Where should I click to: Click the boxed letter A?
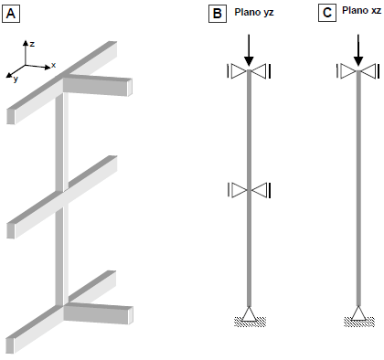tap(11, 14)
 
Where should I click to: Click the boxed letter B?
tap(218, 14)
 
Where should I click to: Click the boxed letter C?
tap(327, 13)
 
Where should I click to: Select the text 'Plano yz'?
tap(254, 13)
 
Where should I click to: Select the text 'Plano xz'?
tap(361, 11)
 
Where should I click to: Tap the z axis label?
tap(32, 44)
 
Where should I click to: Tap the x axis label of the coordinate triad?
tap(54, 65)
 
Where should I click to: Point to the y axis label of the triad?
tap(16, 79)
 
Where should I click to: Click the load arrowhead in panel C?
tap(358, 60)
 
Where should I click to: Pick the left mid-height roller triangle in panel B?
tap(239, 190)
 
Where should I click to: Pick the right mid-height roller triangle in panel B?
tap(260, 190)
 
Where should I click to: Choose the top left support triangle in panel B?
tap(239, 71)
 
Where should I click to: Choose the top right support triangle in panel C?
tap(368, 71)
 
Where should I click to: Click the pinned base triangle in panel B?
tap(249, 314)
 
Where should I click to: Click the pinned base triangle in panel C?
tap(358, 313)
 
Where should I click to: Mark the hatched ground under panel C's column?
tap(359, 322)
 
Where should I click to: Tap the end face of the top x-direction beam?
tap(130, 88)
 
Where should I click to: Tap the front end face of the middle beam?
tap(11, 230)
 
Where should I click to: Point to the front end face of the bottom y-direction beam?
tap(10, 345)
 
